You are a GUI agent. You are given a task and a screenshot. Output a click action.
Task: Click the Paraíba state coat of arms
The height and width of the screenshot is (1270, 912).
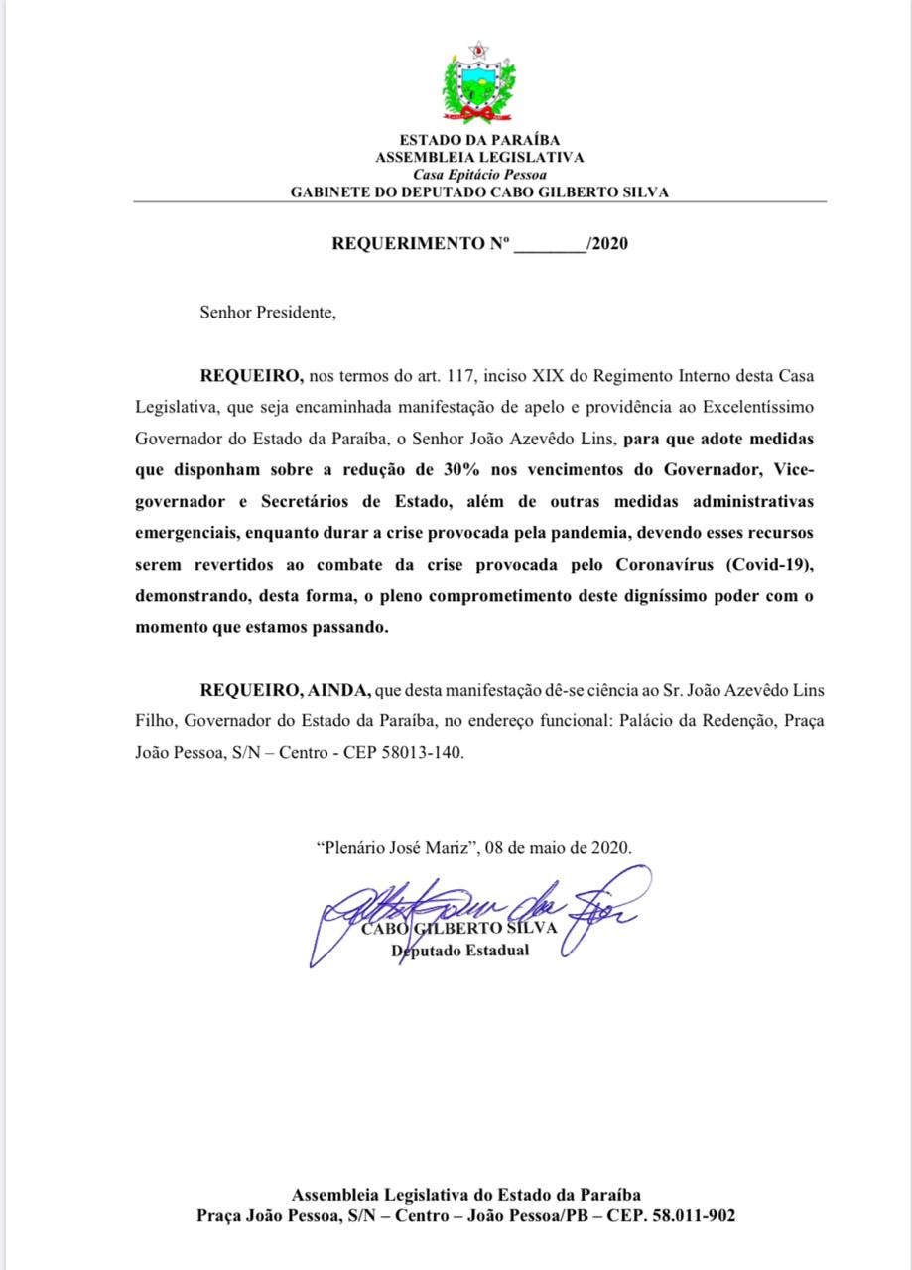coord(479,81)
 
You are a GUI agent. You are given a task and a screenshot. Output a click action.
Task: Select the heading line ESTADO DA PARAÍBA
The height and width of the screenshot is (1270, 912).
coord(479,141)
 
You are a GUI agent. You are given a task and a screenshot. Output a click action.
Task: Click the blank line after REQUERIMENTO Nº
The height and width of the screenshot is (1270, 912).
coord(551,244)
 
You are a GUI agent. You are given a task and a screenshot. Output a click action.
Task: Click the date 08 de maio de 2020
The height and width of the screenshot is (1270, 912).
coord(560,848)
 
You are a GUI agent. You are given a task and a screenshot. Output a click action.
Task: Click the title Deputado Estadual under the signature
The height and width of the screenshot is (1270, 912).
coord(460,952)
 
